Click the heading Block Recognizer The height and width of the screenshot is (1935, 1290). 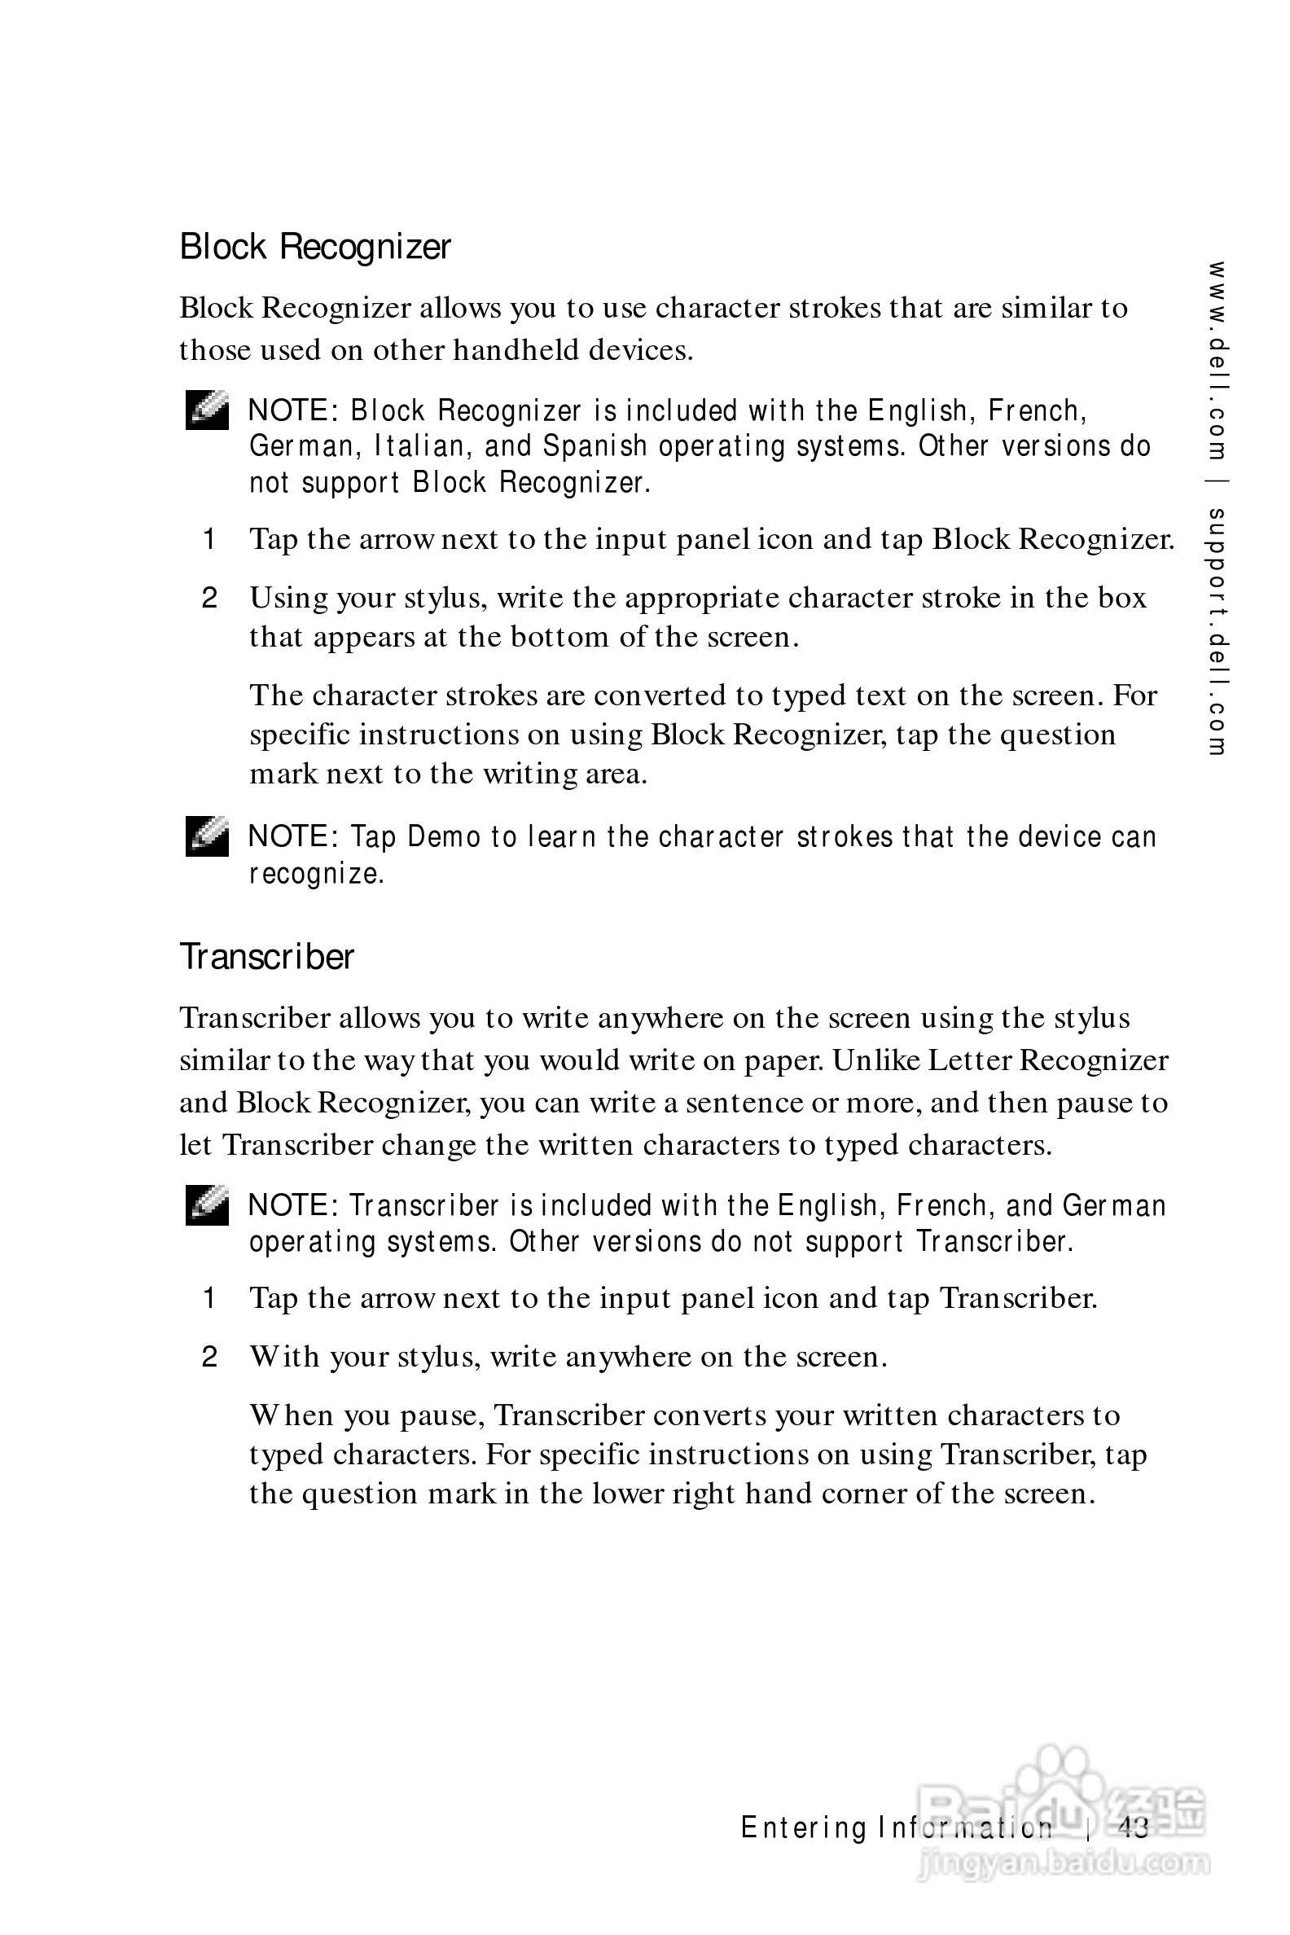coord(315,247)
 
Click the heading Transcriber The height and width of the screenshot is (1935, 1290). coord(266,957)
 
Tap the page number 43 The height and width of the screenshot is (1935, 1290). coord(1133,1828)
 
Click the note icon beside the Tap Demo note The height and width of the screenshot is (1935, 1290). coord(207,836)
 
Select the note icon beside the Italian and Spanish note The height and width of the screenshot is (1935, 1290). coord(207,410)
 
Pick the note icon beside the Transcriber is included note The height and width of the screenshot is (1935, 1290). coord(207,1205)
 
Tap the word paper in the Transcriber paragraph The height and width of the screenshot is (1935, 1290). coord(783,1060)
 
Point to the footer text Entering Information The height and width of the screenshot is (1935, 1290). coord(896,1828)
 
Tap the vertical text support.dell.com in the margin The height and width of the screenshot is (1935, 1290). coord(1217,631)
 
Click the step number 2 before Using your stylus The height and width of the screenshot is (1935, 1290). coord(210,598)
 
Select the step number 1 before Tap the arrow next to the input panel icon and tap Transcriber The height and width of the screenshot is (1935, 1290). coord(210,1298)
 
